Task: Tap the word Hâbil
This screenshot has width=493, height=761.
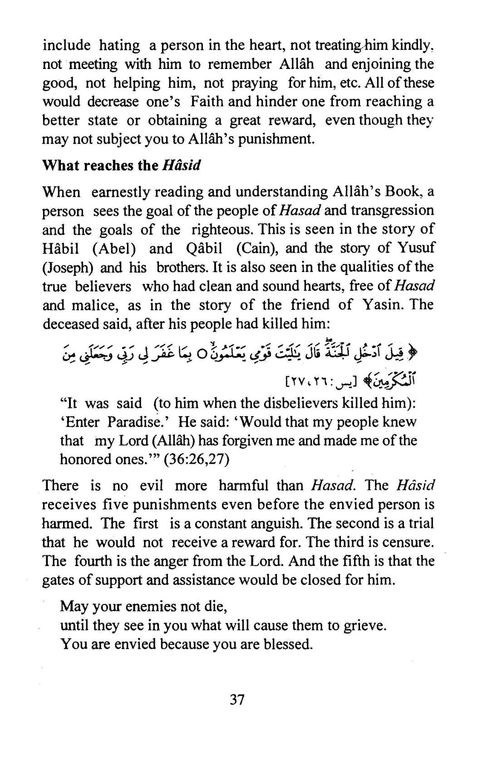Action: [x=62, y=248]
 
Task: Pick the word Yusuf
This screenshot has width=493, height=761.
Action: [x=415, y=248]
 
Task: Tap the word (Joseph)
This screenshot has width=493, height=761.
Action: [x=68, y=267]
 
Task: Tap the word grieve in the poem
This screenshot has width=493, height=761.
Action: [x=364, y=625]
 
